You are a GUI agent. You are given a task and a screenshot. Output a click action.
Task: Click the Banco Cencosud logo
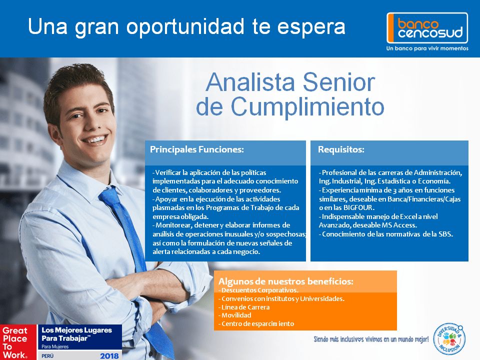427,28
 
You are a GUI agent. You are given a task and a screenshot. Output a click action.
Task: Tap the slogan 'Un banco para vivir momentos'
427,48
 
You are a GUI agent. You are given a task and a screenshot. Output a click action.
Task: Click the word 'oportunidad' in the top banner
185,27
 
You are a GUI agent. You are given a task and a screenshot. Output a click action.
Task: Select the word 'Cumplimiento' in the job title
307,106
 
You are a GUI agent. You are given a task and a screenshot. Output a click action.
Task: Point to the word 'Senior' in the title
339,82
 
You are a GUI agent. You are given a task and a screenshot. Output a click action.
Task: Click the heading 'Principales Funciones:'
197,149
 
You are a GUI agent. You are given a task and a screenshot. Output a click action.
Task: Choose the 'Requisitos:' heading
341,149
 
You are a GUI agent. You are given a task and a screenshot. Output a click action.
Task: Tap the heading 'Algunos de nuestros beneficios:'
285,281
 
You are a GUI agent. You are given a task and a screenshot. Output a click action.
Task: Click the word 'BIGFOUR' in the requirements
358,207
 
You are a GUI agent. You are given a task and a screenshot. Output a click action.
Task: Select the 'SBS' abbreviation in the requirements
445,234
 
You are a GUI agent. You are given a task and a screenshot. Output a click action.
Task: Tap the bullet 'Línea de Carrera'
245,307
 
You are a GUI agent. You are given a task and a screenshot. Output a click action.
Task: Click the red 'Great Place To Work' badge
18,342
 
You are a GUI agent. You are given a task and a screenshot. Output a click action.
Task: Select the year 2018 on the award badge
109,355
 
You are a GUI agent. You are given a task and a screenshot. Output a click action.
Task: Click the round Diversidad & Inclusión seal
449,339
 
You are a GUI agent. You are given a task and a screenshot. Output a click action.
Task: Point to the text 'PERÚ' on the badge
47,356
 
